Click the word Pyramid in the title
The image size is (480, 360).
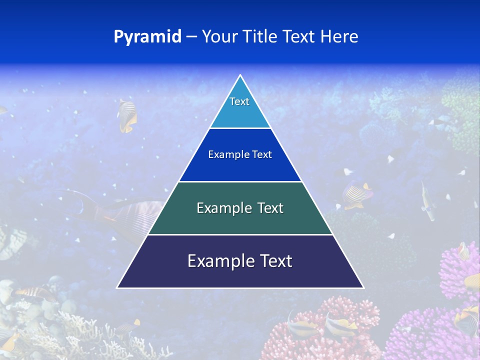pyautogui.click(x=147, y=36)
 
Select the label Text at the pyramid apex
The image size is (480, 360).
pyautogui.click(x=239, y=101)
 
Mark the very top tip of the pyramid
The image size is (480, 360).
pyautogui.click(x=240, y=75)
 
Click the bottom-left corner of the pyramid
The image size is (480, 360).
pyautogui.click(x=117, y=287)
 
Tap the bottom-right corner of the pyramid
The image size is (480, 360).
pyautogui.click(x=363, y=287)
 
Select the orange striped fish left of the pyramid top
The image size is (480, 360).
pyautogui.click(x=127, y=115)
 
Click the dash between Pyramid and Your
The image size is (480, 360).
pyautogui.click(x=191, y=36)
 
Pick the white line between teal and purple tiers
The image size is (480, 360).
pyautogui.click(x=240, y=234)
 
